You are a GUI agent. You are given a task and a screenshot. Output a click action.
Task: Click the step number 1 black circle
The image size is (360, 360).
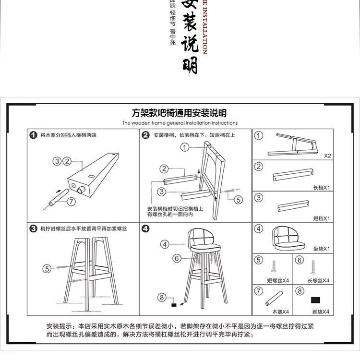coord(33,135)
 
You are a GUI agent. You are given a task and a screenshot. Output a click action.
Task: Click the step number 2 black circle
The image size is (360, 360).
coord(146,135)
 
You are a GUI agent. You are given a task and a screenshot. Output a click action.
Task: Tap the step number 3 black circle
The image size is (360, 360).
coord(33,228)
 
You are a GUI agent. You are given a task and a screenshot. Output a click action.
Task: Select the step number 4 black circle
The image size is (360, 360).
coord(146,228)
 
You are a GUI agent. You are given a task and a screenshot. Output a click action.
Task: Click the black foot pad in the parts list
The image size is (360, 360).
coord(315,300)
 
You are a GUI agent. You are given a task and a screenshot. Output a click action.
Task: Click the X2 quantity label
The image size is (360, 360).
coord(327,156)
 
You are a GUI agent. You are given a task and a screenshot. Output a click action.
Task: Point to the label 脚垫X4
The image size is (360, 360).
coord(320,312)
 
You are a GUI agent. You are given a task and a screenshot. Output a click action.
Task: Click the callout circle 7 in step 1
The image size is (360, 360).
coord(71,202)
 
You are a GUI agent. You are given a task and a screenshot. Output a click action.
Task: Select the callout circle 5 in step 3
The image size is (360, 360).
coord(47,269)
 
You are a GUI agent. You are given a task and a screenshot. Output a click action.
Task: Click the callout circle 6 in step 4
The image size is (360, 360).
coord(177,259)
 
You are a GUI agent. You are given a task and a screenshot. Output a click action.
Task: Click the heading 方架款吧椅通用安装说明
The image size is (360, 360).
coord(179,113)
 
